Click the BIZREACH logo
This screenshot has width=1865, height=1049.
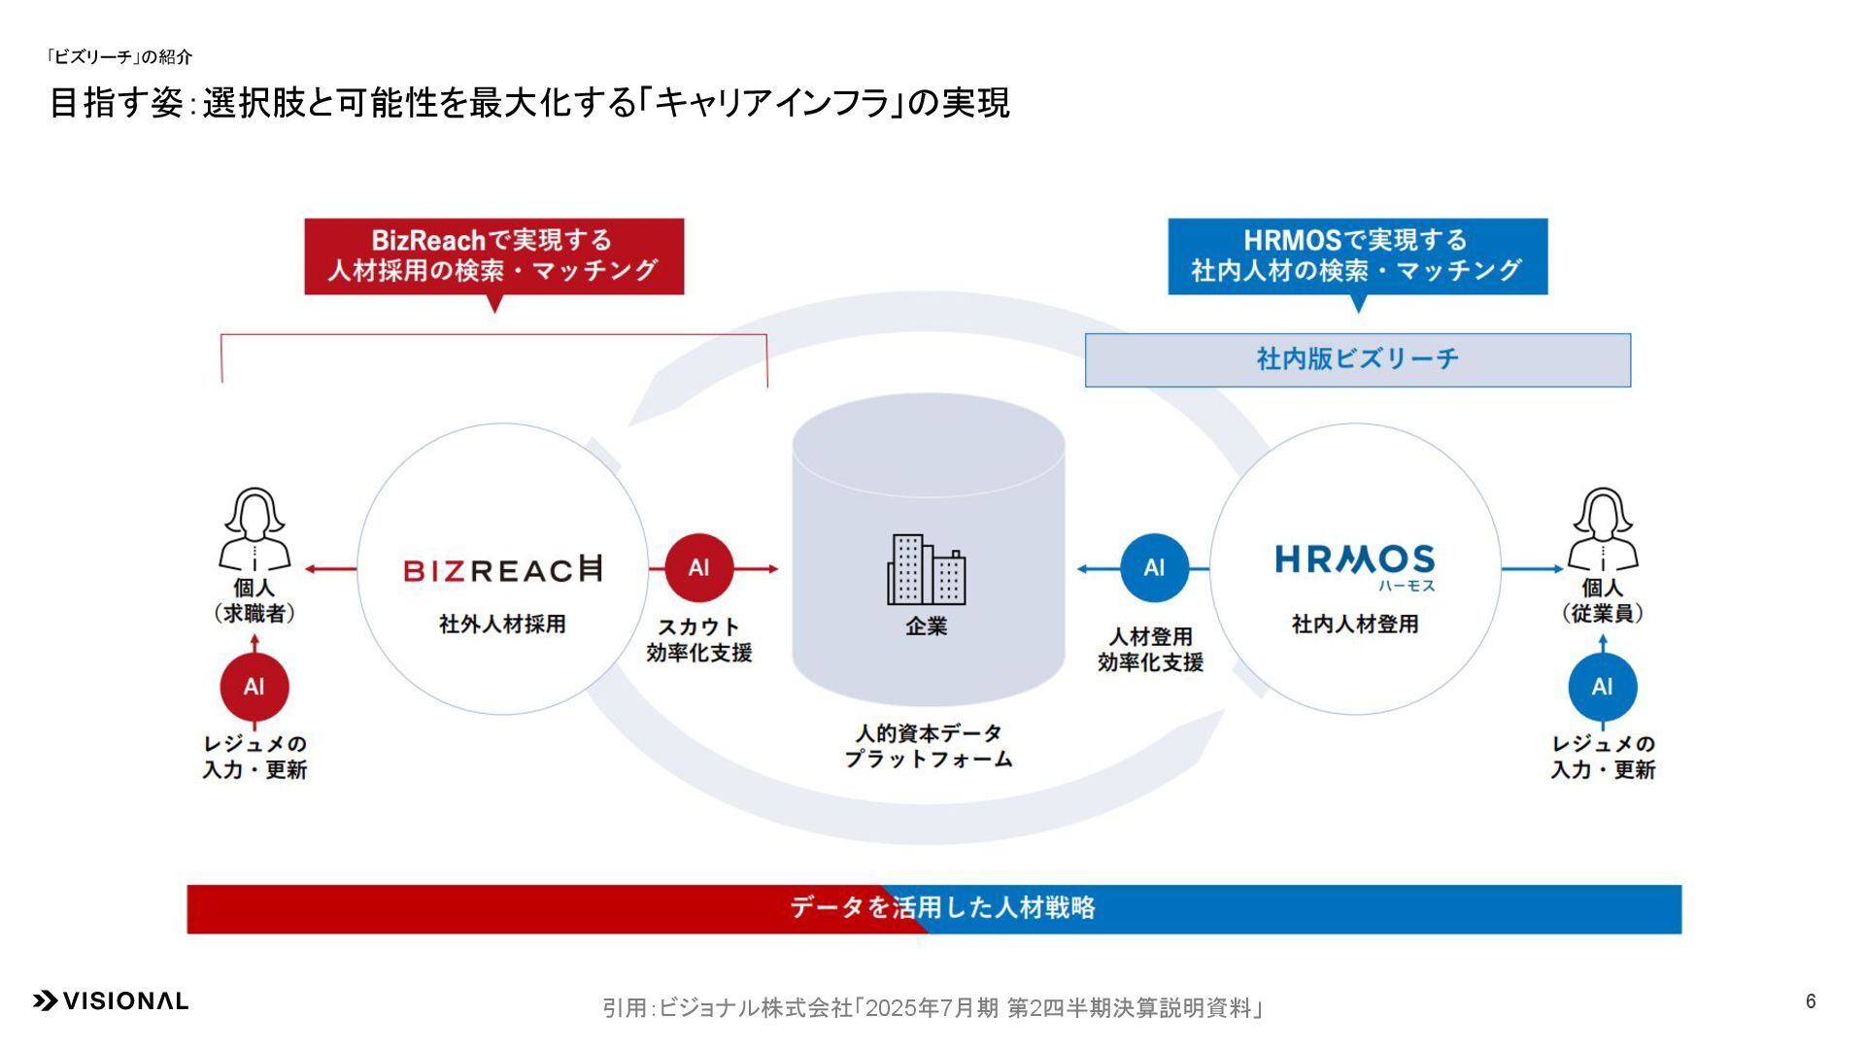click(x=502, y=569)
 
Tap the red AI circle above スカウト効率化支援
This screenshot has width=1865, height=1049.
click(x=698, y=568)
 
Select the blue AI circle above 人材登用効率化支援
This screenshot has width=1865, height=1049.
click(x=1154, y=568)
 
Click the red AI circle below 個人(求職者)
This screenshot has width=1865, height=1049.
click(x=254, y=687)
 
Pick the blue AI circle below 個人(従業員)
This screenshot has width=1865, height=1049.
click(x=1602, y=687)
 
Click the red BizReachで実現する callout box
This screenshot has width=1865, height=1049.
click(x=493, y=255)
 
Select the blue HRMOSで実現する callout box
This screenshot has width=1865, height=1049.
click(x=1357, y=255)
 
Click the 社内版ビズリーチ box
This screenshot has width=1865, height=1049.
click(x=1357, y=359)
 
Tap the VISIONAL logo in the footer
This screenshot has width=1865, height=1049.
click(x=111, y=1001)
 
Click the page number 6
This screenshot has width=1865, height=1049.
click(x=1811, y=1001)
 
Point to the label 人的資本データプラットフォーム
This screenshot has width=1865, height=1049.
click(x=928, y=746)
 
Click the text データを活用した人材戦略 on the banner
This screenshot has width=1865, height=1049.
click(x=942, y=907)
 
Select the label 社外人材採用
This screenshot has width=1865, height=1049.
click(x=502, y=625)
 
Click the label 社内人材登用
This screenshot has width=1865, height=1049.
click(x=1354, y=625)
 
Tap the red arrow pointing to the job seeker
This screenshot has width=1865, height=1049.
click(x=330, y=569)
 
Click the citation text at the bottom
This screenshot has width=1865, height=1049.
click(x=932, y=1008)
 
